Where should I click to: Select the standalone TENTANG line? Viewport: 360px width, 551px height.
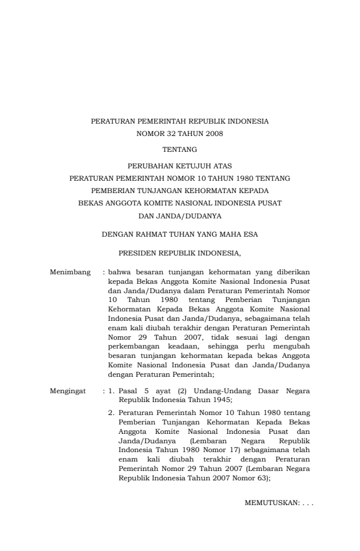pos(179,150)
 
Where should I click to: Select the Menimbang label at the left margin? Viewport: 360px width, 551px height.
pos(70,273)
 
